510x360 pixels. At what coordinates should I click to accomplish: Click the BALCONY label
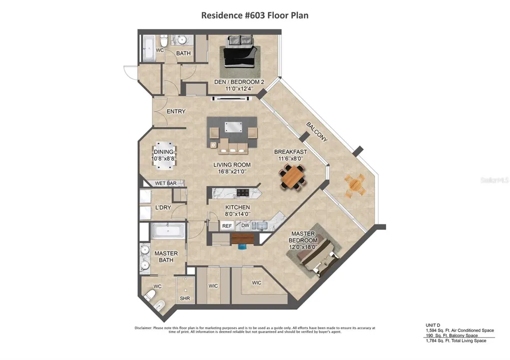[x=317, y=132]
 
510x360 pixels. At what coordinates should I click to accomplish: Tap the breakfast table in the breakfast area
[x=293, y=176]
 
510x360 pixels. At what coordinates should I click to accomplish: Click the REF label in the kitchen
[x=227, y=226]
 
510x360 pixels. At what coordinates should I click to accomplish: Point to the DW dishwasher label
[x=245, y=225]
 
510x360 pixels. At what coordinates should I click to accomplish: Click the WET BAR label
[x=166, y=184]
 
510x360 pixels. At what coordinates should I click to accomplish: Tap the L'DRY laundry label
[x=163, y=208]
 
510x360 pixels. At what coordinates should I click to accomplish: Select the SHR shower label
[x=185, y=298]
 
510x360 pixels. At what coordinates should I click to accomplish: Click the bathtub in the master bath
[x=168, y=231]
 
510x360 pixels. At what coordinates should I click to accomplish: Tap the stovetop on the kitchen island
[x=243, y=193]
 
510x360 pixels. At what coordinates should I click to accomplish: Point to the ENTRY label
[x=176, y=112]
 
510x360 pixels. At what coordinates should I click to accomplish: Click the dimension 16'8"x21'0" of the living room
[x=232, y=171]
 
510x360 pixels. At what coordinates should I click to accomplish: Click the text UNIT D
[x=432, y=325]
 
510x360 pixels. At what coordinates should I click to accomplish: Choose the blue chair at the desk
[x=242, y=246]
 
